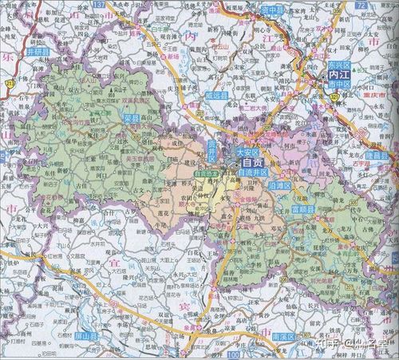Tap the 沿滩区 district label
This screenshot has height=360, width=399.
tap(282, 184)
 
